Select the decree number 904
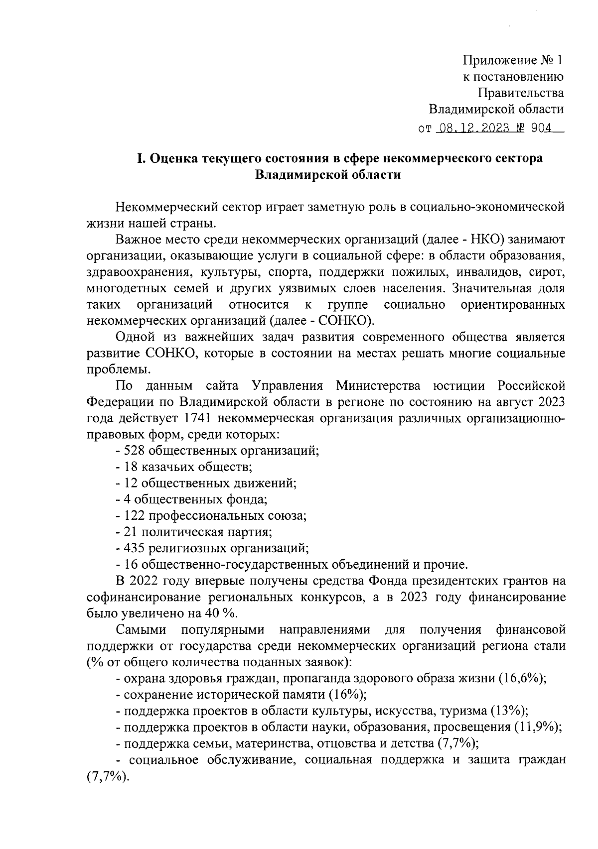click(541, 128)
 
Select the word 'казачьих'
click(165, 467)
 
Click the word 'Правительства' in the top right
click(520, 93)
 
